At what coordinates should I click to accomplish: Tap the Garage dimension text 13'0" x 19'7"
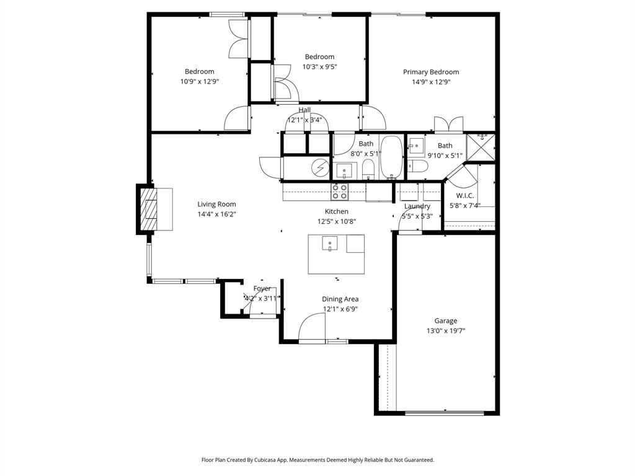(445, 331)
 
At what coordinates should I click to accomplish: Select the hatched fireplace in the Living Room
(149, 209)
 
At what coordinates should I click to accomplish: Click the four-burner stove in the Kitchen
(339, 192)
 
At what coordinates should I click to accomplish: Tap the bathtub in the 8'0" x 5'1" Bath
(391, 157)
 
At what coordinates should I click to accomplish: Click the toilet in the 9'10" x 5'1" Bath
(417, 166)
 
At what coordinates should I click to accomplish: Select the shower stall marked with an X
(481, 147)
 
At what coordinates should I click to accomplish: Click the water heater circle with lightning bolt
(321, 168)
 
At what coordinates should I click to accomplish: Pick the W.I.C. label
(465, 196)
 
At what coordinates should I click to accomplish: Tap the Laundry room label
(417, 206)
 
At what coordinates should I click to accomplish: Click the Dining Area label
(340, 299)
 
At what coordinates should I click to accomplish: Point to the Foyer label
(262, 289)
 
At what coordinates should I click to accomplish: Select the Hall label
(304, 110)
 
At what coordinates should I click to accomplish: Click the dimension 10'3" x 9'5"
(319, 67)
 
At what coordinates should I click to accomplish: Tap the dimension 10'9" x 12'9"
(199, 81)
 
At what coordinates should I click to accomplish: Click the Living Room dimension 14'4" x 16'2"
(216, 214)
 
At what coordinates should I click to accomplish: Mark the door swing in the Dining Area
(313, 327)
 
